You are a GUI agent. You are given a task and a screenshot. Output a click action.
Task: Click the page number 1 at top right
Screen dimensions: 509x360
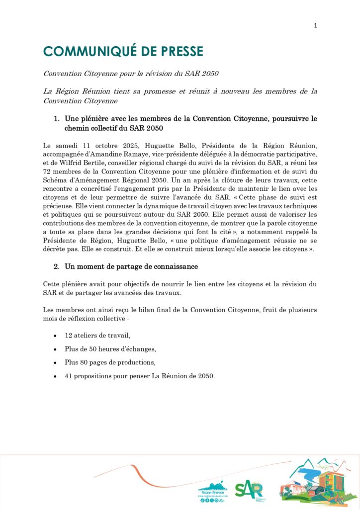pos(315,26)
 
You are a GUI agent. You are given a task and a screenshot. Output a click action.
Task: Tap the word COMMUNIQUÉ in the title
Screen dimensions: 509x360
pos(86,51)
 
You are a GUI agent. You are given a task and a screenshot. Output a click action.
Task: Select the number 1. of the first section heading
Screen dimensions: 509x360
pos(57,119)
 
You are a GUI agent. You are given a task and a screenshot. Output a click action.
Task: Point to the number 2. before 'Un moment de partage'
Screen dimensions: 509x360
pos(57,267)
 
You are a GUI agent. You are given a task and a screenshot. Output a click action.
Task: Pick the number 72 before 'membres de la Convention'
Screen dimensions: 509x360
pos(47,171)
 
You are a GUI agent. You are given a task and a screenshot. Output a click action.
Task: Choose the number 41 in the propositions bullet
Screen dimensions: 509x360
pos(69,376)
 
